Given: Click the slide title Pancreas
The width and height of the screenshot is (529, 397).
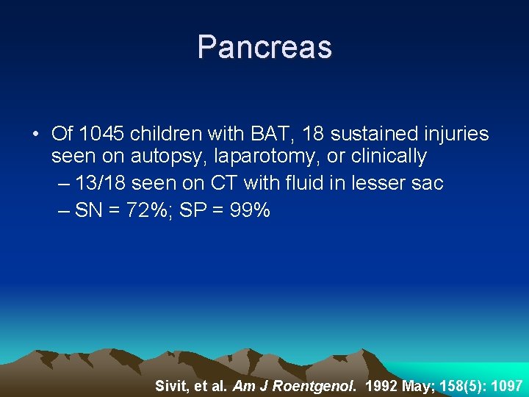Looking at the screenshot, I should click(x=264, y=47).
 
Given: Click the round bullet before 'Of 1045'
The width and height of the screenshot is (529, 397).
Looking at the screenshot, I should click(x=35, y=135).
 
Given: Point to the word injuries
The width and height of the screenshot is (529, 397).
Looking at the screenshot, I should click(x=452, y=134).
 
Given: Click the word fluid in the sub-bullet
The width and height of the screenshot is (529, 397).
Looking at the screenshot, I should click(x=297, y=184).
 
